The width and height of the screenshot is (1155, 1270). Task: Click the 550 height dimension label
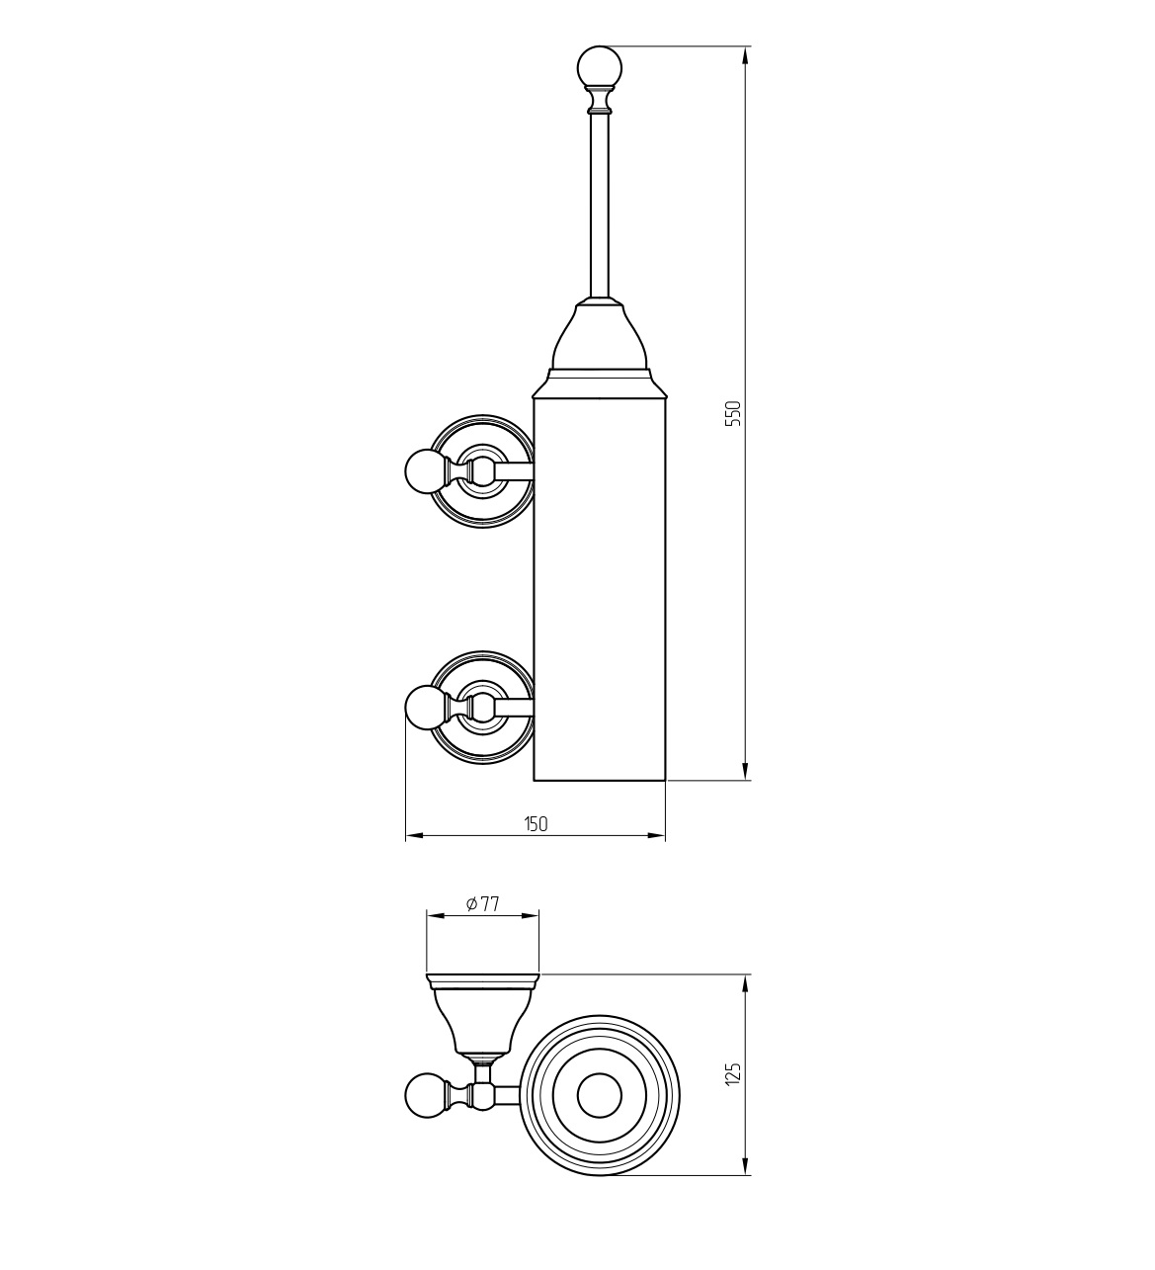(x=732, y=413)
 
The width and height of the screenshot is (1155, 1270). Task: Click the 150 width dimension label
(x=536, y=823)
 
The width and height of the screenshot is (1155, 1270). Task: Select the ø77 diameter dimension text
(x=482, y=904)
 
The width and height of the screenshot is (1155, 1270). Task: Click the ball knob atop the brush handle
(x=600, y=67)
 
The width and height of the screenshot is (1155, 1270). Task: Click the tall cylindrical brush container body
(x=600, y=589)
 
